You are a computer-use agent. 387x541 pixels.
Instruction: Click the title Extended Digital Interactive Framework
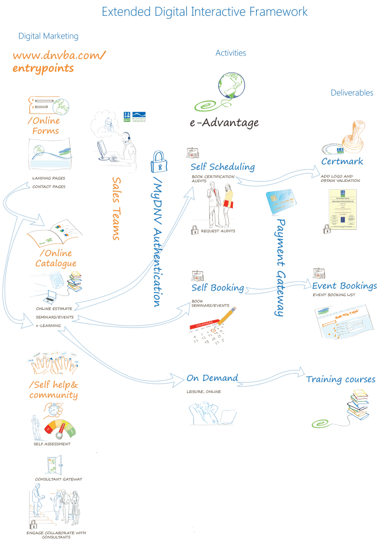tap(205, 12)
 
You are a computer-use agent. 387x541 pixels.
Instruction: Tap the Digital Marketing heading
tap(48, 36)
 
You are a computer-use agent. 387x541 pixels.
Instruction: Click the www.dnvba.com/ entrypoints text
tap(59, 62)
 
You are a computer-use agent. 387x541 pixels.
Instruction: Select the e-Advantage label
tap(224, 123)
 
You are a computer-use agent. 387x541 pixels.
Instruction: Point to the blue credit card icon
tap(282, 201)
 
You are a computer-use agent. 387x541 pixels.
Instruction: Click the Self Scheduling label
tap(222, 167)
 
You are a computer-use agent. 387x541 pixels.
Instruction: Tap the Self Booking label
tap(218, 288)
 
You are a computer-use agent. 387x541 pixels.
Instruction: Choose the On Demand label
tap(212, 378)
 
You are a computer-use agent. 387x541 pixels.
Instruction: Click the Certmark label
tap(342, 161)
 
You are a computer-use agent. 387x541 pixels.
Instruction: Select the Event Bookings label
tap(344, 286)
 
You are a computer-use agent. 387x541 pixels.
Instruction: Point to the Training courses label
tap(341, 379)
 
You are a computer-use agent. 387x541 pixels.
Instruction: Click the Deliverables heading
tap(352, 93)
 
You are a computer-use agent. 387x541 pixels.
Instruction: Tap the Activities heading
tap(231, 53)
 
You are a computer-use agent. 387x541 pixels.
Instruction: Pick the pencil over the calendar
tap(224, 319)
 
